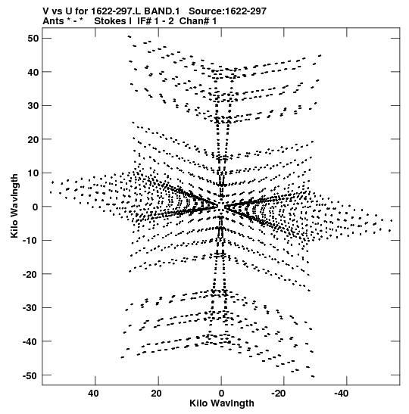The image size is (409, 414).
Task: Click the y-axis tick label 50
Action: point(33,39)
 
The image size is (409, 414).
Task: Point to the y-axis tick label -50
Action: point(30,375)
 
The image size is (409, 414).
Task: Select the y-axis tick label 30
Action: point(33,106)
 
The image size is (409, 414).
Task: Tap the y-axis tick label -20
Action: point(30,274)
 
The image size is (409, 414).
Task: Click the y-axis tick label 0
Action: point(36,207)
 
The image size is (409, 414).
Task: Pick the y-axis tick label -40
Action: point(30,341)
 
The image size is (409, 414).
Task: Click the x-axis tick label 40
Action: point(93,394)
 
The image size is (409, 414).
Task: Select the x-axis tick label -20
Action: point(279,394)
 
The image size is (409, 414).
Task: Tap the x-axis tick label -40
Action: point(342,394)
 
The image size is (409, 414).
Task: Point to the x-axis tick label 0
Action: point(221,394)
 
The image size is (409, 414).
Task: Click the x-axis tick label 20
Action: point(157,394)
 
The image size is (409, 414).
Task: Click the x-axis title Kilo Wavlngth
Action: point(222,403)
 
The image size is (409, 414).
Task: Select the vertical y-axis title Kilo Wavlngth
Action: point(14,206)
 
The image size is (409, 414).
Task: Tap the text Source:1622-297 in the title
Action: point(228,11)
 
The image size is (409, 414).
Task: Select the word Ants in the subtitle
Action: point(53,21)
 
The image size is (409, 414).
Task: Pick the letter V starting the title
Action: point(46,11)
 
